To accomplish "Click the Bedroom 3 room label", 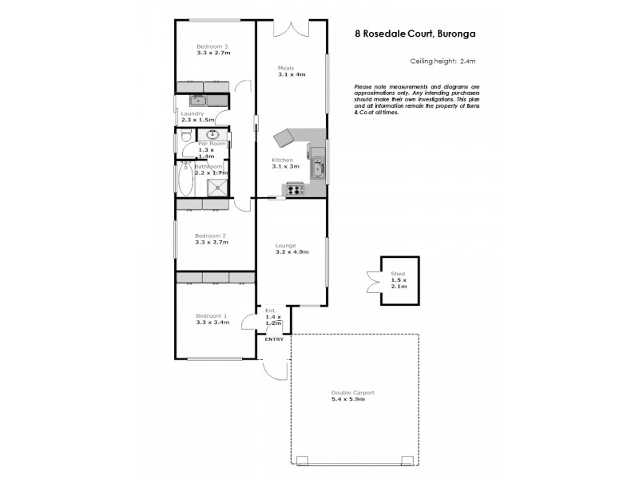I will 213,46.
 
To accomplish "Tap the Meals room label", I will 286,68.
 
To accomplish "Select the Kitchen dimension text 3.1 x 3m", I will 285,166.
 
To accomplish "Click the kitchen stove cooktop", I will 294,189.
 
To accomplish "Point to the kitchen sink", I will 318,168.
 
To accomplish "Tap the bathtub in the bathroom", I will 184,181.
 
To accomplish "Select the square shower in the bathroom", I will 217,187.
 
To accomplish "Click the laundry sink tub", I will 197,101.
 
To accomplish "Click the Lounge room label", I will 285,245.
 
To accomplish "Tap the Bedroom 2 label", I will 212,236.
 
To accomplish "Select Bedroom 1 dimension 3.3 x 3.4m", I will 212,323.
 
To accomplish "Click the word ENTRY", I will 274,339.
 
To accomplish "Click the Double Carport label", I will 352,392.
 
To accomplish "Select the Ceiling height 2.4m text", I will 443,61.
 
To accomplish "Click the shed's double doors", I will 373,280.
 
